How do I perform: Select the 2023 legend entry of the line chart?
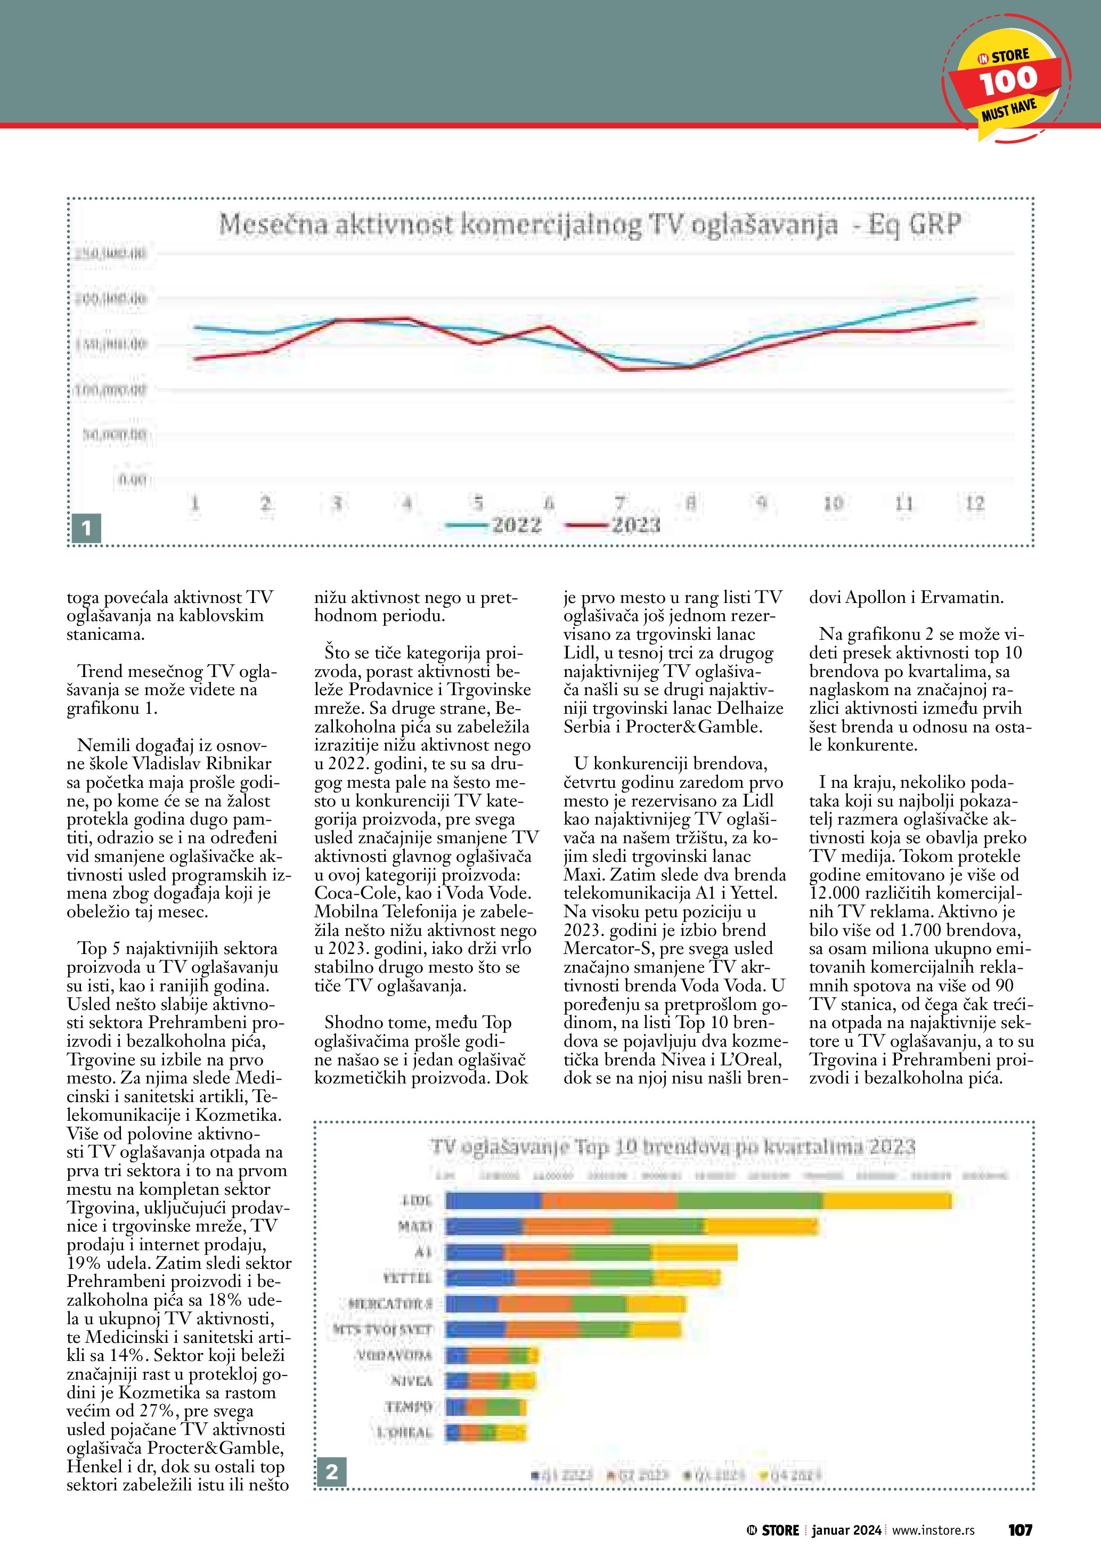coord(613,525)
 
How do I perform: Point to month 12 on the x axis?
coord(975,503)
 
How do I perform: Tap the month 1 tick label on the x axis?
coord(195,503)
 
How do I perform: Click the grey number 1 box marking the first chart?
coord(86,527)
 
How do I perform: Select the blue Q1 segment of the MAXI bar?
coord(484,1226)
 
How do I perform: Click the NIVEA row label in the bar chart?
coord(412,1381)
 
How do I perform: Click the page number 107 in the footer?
coord(1020,1530)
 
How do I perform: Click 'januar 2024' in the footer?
coord(846,1530)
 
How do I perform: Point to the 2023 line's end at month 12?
coord(975,323)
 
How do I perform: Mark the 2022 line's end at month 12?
coord(975,298)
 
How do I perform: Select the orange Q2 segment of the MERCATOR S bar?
coord(535,1304)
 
